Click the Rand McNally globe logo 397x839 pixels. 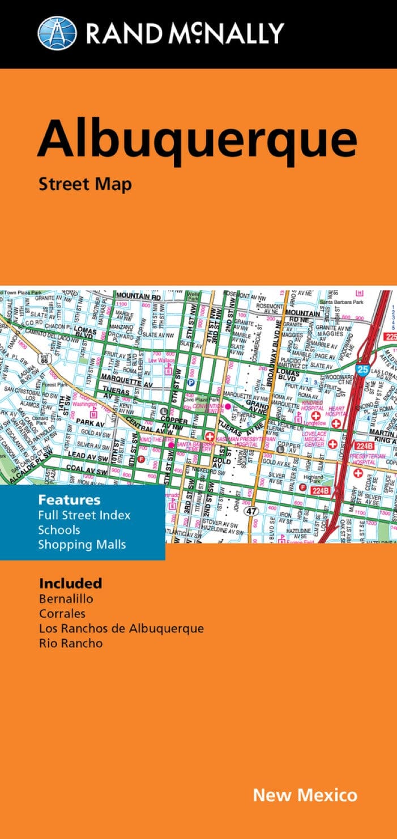click(x=57, y=33)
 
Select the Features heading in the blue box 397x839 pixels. click(x=69, y=500)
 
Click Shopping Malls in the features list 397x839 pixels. click(x=82, y=545)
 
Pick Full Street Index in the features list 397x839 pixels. click(x=84, y=515)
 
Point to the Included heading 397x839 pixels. click(x=71, y=583)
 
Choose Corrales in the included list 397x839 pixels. click(x=62, y=613)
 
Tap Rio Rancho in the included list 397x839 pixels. click(x=71, y=643)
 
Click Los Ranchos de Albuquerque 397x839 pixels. click(x=121, y=628)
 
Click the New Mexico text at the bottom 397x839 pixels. click(x=305, y=795)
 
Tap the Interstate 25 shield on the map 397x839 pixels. click(x=364, y=370)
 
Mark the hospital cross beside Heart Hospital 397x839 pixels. click(x=336, y=423)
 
